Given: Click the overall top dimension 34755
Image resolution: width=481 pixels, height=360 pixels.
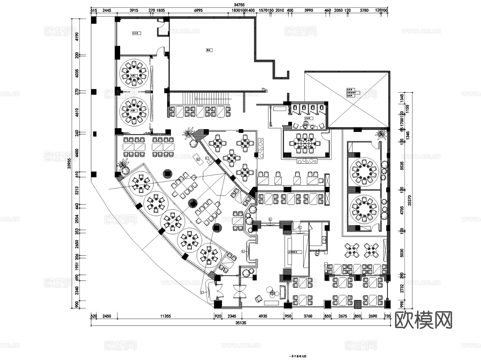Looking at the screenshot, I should tap(239, 5).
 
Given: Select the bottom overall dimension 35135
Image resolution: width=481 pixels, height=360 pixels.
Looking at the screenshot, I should tap(241, 323).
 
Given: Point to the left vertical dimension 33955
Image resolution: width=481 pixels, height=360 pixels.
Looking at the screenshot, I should tap(69, 163).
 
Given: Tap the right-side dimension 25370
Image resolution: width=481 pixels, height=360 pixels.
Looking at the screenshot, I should tap(410, 200).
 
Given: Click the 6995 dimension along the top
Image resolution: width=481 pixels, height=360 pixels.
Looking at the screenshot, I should tap(198, 10).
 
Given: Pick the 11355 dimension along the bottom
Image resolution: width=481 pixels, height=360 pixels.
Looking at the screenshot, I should tap(165, 316).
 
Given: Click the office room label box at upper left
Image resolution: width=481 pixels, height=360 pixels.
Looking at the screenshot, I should tap(137, 33).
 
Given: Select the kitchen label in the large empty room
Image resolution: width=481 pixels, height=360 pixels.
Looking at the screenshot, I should tap(209, 50).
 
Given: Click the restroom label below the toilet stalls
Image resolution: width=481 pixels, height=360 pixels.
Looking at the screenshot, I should tap(307, 118).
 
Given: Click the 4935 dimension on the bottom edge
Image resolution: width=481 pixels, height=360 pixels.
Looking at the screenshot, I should tap(263, 316).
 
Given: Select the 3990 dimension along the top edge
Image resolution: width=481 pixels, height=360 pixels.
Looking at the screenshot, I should tap(308, 10).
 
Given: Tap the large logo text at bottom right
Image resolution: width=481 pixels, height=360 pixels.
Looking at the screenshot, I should tap(423, 320).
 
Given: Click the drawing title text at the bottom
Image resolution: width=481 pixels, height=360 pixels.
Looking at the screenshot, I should tap(298, 356).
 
